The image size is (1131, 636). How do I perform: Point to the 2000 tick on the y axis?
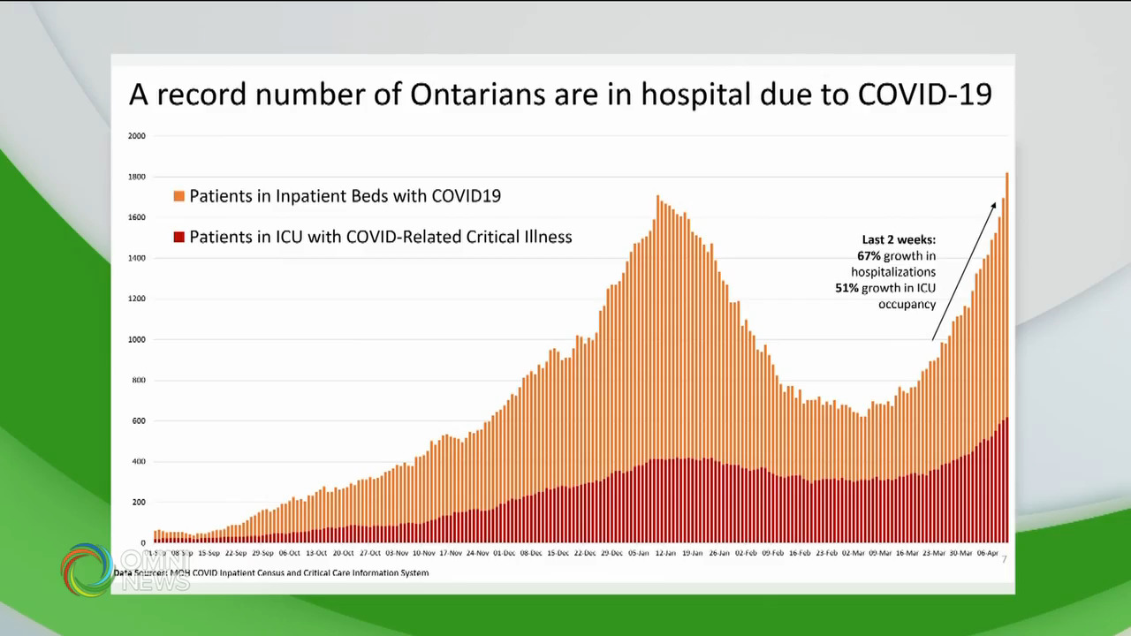click(137, 136)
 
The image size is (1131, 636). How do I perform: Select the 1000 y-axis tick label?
click(137, 339)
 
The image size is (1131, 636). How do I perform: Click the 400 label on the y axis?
click(139, 462)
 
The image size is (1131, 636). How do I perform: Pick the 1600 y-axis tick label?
click(137, 217)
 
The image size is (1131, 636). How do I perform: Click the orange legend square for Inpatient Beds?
click(179, 196)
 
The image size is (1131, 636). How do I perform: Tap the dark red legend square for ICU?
click(179, 237)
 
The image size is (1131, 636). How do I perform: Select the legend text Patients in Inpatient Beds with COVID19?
click(345, 196)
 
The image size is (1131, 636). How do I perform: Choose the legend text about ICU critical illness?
click(380, 237)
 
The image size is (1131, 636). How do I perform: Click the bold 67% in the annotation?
click(869, 255)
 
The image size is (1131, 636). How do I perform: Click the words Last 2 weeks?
click(899, 239)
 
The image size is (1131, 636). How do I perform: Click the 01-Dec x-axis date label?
click(505, 553)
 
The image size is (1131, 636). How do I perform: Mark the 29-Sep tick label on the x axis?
click(262, 553)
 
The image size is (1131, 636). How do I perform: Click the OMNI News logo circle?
click(87, 569)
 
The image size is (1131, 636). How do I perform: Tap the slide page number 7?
click(1004, 559)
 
